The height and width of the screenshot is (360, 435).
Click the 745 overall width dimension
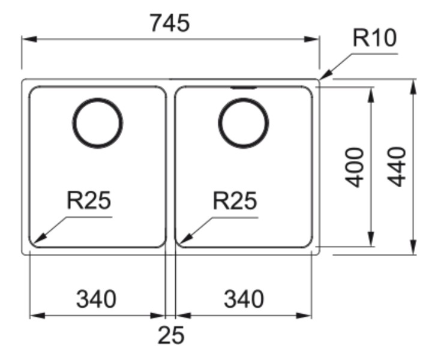[170, 23]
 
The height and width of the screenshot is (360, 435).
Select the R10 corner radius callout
[374, 38]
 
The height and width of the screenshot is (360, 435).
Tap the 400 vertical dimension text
[356, 167]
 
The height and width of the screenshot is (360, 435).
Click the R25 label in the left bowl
[89, 201]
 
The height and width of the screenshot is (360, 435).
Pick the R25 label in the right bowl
[235, 201]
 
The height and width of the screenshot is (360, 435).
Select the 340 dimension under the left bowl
[96, 298]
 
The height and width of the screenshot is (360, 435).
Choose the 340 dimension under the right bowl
[244, 298]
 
